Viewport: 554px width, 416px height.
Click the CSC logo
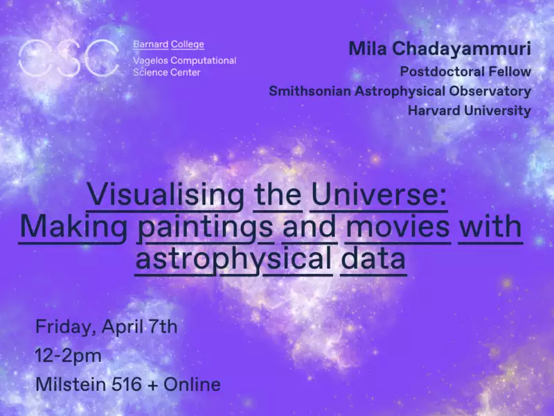69,58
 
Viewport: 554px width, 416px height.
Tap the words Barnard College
168,44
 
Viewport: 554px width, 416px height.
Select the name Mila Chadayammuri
440,49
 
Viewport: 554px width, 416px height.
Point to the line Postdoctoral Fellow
465,71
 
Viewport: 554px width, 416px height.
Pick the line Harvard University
470,110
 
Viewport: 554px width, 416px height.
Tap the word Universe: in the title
379,196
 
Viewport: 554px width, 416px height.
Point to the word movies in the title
397,227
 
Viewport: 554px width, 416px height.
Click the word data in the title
373,259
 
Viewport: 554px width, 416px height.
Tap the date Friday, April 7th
107,327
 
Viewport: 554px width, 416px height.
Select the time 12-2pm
68,356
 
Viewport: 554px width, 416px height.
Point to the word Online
192,385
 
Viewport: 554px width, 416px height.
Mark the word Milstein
71,385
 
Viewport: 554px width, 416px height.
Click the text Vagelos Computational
185,61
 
